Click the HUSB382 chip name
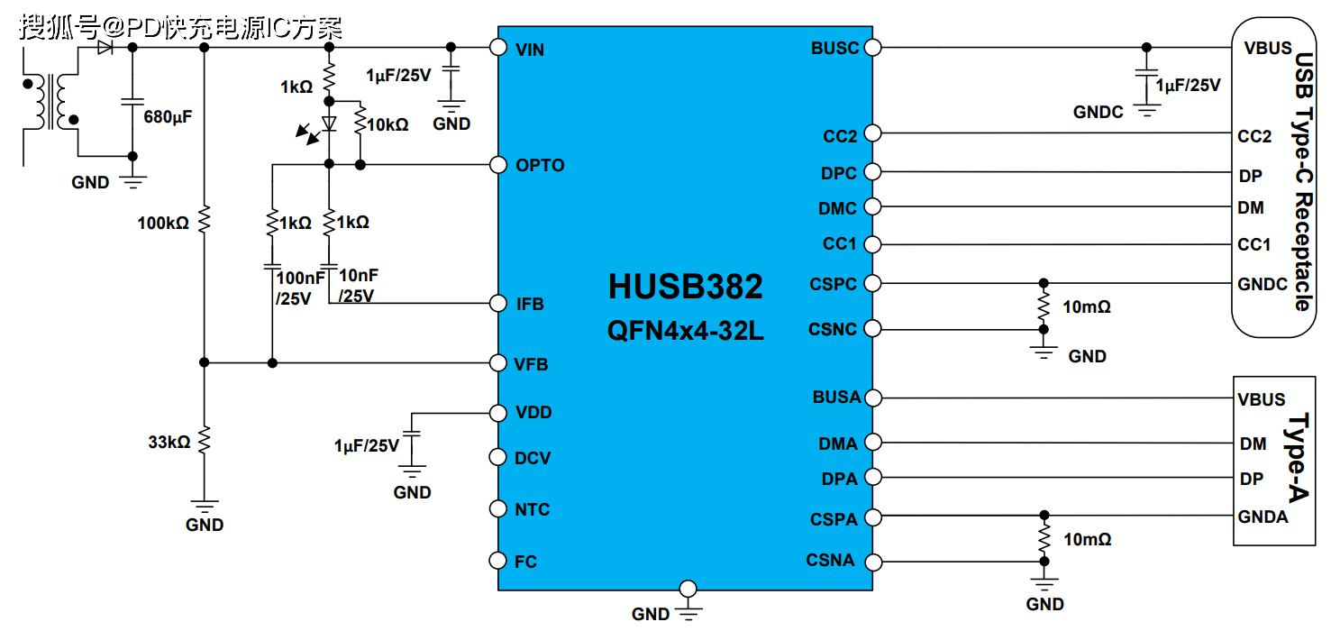(x=685, y=287)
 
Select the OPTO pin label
(x=540, y=166)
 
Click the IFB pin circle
(x=497, y=303)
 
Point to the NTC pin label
(x=532, y=510)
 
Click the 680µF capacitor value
(x=169, y=116)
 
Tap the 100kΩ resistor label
(x=163, y=222)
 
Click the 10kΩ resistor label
(x=389, y=124)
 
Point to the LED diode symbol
(x=329, y=123)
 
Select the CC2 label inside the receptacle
(x=1254, y=136)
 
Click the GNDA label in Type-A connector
(x=1263, y=517)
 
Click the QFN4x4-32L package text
(x=685, y=331)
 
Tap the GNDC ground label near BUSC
(x=1098, y=113)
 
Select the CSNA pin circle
(x=871, y=562)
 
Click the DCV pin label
(x=532, y=459)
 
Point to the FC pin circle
(x=497, y=561)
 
